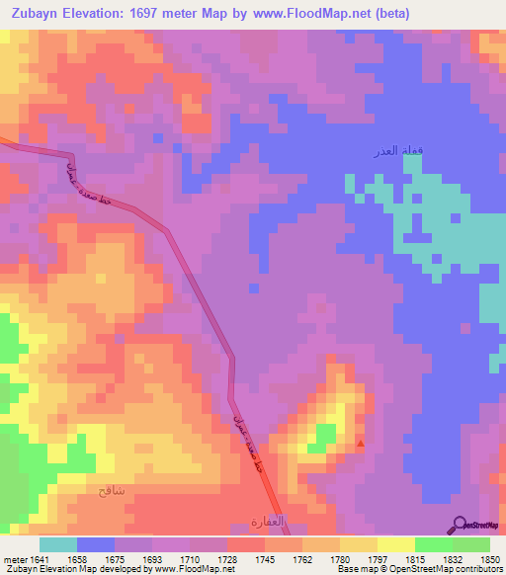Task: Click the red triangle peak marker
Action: point(360,445)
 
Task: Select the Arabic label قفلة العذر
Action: point(376,151)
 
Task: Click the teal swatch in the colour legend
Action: point(58,544)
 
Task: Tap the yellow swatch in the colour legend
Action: point(396,544)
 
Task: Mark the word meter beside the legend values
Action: point(16,560)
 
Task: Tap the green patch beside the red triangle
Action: point(322,436)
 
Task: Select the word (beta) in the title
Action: point(386,14)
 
